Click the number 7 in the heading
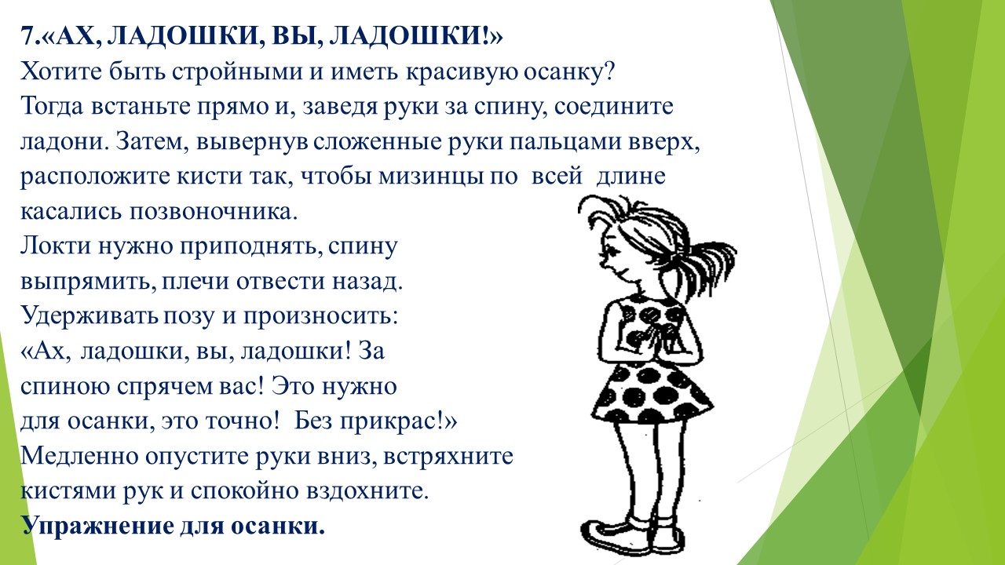click(x=27, y=36)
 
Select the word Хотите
click(x=61, y=71)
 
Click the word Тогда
click(x=52, y=108)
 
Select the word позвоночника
click(x=214, y=212)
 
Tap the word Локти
click(x=56, y=246)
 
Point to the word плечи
click(x=196, y=282)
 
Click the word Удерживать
click(x=90, y=317)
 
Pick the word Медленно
click(x=79, y=457)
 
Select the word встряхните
click(x=448, y=457)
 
